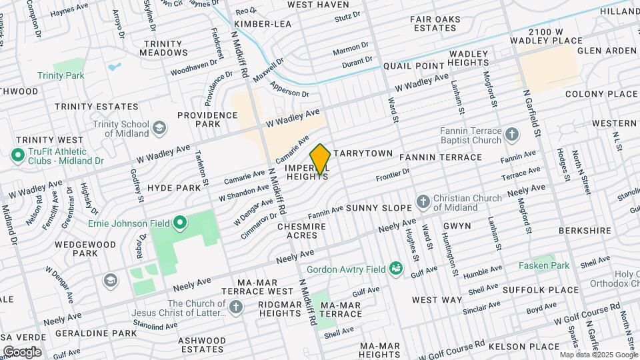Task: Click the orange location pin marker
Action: (x=320, y=159)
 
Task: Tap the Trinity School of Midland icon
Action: (x=159, y=127)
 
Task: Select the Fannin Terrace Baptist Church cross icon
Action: (x=511, y=135)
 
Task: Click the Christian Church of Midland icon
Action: (x=422, y=201)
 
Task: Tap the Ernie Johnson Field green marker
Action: (x=179, y=222)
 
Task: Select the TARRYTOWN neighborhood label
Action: (x=363, y=153)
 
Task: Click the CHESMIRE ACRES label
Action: (x=301, y=232)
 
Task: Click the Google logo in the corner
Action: (x=21, y=351)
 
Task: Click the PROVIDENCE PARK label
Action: (x=207, y=119)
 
